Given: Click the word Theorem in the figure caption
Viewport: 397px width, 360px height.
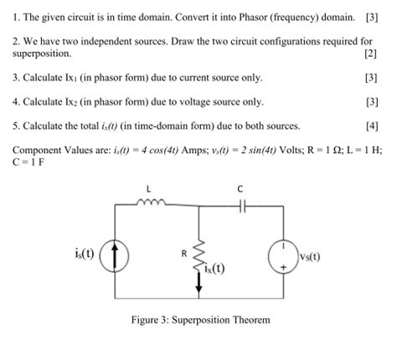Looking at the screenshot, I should pos(249,321).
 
